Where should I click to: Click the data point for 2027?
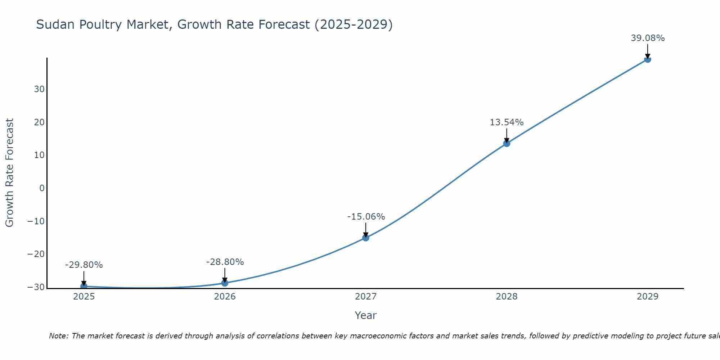[x=365, y=238]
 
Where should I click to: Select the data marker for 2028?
[x=507, y=143]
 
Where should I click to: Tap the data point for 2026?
[x=225, y=283]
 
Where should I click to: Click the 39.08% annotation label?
[x=648, y=38]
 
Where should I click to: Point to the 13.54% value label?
[x=507, y=122]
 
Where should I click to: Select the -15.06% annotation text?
[x=366, y=217]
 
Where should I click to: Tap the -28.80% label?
[x=225, y=262]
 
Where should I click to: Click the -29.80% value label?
[x=84, y=265]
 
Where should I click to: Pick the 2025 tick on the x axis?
[x=84, y=297]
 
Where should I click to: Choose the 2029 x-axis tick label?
[x=647, y=297]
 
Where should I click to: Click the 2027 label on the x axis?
[x=365, y=297]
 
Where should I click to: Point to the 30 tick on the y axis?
[x=39, y=89]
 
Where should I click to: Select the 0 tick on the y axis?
[x=42, y=188]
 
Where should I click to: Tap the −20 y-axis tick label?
[x=36, y=254]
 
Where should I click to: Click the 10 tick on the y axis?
[x=39, y=155]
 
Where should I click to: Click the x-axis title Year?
[x=365, y=315]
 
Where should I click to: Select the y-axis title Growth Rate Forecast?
[x=10, y=173]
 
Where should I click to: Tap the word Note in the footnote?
[x=58, y=336]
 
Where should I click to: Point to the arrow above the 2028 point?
[x=507, y=135]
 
